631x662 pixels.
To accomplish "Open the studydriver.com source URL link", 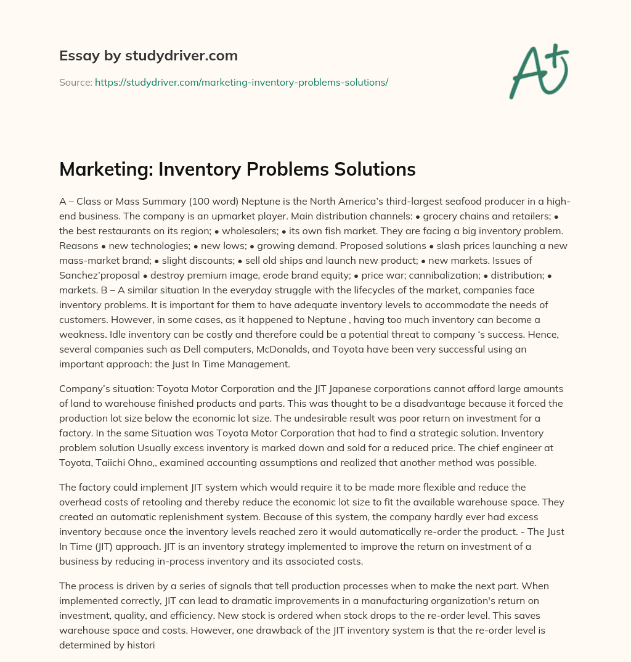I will click(241, 82).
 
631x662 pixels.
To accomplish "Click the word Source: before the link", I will click(76, 82).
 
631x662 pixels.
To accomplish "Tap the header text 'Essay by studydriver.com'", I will click(148, 55).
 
